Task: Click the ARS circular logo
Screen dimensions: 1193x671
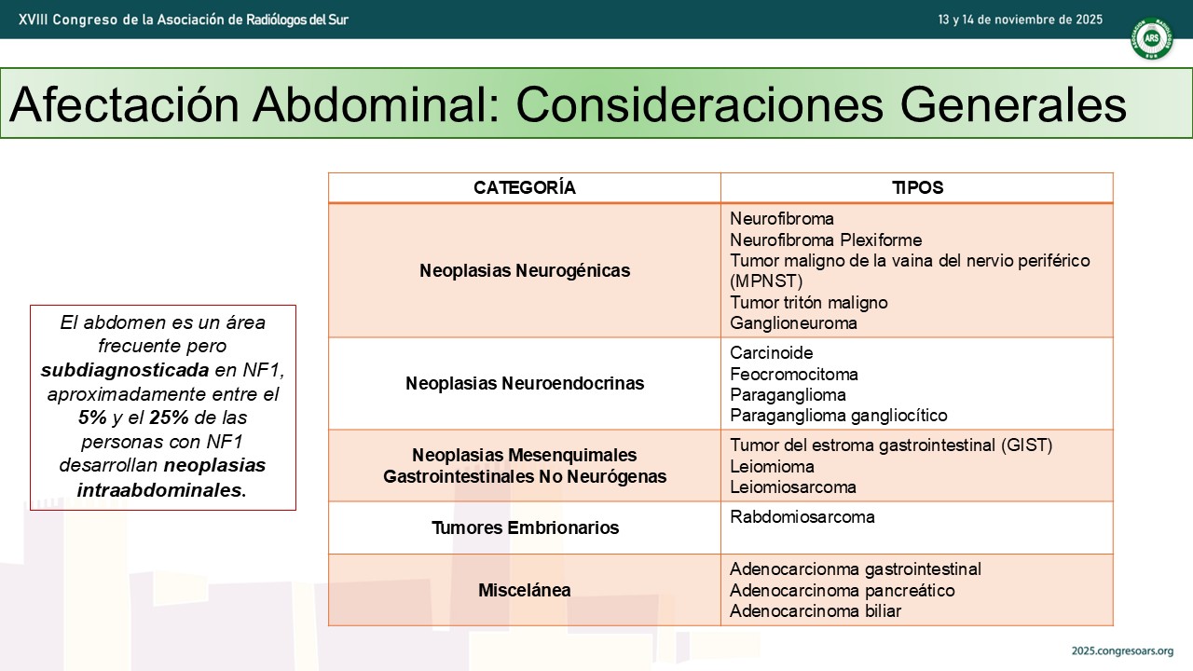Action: click(1151, 38)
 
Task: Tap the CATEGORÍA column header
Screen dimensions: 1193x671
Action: click(525, 187)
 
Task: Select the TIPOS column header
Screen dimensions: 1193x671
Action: click(917, 187)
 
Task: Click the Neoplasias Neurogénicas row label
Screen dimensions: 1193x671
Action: click(525, 270)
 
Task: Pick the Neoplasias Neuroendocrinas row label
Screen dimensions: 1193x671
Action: click(525, 383)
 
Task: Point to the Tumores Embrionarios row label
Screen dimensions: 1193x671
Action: click(525, 527)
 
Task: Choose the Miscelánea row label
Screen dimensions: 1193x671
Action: click(525, 590)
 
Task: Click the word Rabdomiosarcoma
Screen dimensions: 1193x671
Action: click(802, 516)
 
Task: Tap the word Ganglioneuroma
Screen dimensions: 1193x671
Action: click(793, 322)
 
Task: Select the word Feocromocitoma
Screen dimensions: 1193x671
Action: click(794, 374)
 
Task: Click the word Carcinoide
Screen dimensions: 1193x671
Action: click(771, 352)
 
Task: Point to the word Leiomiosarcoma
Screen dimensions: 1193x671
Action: click(793, 486)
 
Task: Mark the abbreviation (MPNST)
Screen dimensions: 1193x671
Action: click(766, 281)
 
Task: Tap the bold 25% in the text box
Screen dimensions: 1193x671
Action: click(169, 418)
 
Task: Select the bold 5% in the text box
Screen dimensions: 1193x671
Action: click(92, 418)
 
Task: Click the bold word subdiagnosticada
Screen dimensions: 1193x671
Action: click(125, 370)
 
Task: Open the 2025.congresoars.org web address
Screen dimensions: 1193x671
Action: click(1122, 650)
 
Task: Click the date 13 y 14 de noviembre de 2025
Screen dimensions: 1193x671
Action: click(1020, 20)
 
